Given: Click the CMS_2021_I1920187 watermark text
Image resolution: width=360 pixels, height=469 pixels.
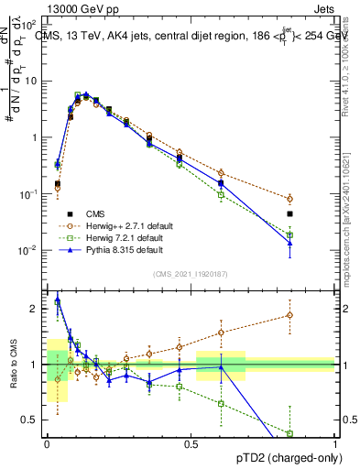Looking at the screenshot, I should coord(191,273).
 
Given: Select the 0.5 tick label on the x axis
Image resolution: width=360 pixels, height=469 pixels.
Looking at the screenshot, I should coord(191,444).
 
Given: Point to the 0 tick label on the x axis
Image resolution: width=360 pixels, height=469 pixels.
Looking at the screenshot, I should coord(47,444).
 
